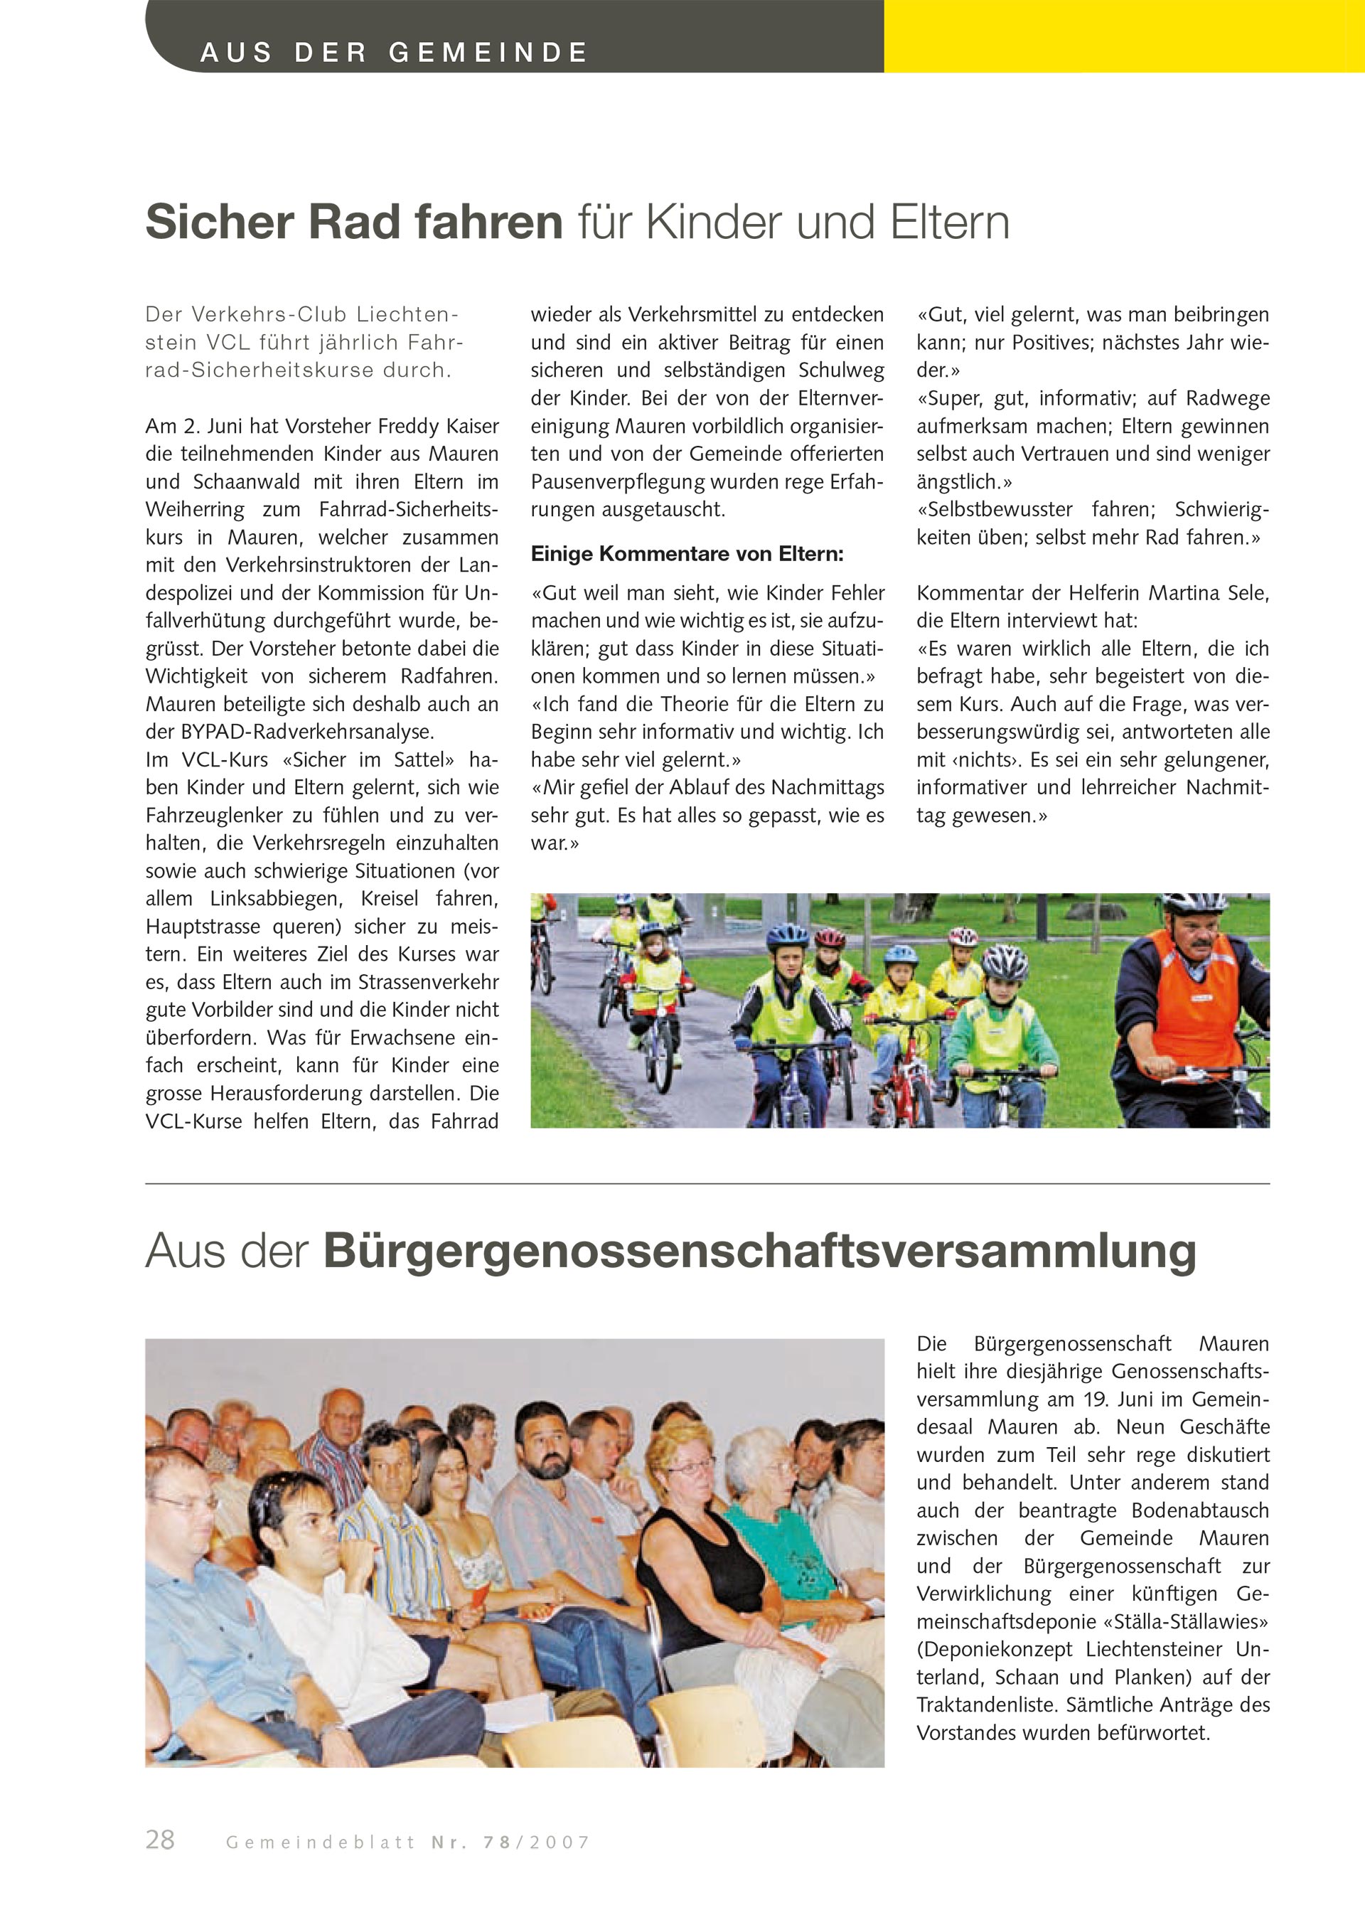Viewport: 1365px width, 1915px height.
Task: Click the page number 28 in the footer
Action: click(x=160, y=1840)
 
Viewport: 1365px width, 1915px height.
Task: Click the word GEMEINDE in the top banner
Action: click(x=488, y=52)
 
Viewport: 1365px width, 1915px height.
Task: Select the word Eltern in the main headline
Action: click(x=950, y=222)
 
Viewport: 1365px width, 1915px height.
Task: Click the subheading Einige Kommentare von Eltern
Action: click(x=687, y=554)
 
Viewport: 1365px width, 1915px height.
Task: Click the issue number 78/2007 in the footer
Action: click(x=536, y=1842)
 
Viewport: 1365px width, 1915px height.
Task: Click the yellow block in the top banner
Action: click(x=1123, y=36)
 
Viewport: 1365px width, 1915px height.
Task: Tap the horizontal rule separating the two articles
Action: click(x=707, y=1184)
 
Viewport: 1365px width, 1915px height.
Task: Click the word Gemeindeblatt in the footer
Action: click(x=320, y=1842)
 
